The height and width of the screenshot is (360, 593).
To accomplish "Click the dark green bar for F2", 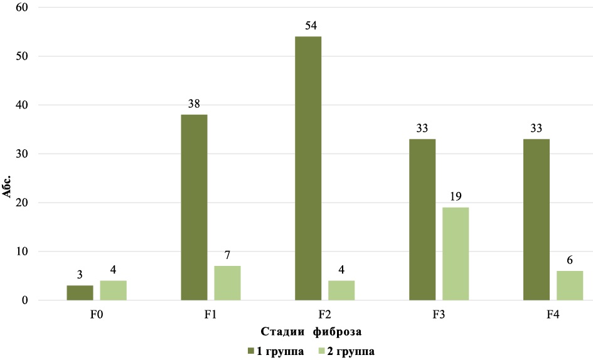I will tap(308, 168).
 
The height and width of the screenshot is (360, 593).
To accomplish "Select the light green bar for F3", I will tap(456, 253).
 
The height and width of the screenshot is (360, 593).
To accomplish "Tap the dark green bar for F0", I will tap(80, 293).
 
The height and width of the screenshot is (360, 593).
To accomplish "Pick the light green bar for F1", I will tap(227, 283).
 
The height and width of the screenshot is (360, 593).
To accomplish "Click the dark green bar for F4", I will tap(537, 220).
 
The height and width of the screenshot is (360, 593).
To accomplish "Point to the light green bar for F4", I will tap(570, 285).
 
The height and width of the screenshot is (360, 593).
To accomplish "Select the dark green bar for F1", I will tap(194, 207).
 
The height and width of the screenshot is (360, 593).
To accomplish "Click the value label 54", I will tap(308, 27).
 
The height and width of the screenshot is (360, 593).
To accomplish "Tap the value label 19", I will tap(456, 198).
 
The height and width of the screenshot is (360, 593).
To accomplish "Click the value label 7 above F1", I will tap(227, 257).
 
